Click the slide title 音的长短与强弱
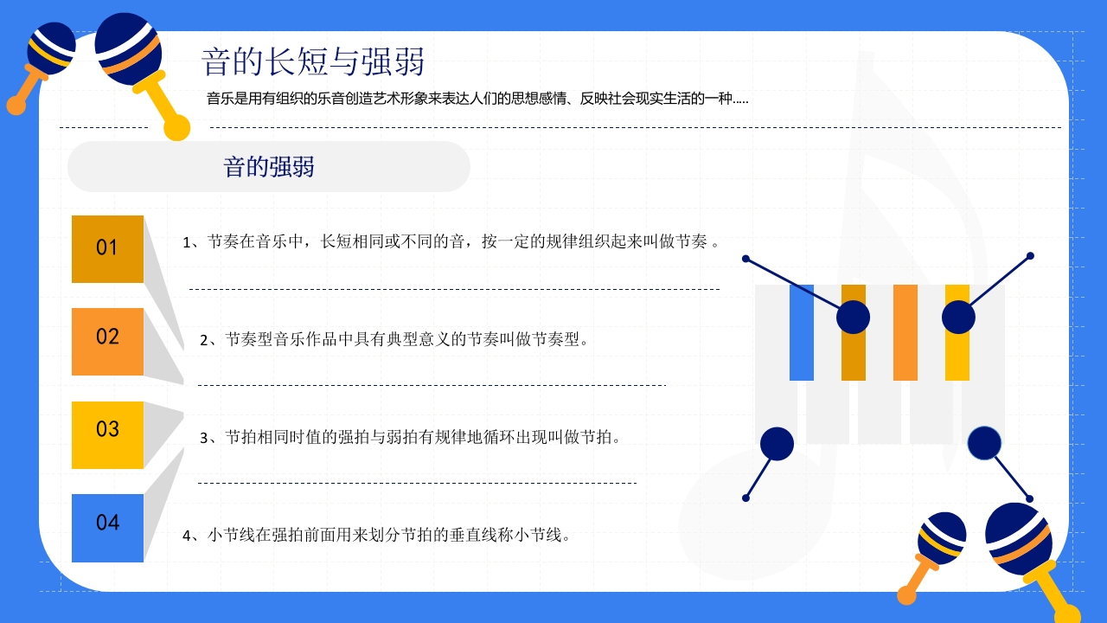[313, 62]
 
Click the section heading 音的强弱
[269, 167]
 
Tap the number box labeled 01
[107, 248]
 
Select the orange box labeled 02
[107, 341]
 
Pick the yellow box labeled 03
[107, 434]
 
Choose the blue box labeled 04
[107, 527]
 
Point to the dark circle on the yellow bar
[958, 318]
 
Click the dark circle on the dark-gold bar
[853, 318]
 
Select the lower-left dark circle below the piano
[777, 444]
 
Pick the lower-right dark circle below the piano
[984, 444]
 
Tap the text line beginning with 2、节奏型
[394, 339]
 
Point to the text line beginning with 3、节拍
[411, 437]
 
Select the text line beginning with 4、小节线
[377, 535]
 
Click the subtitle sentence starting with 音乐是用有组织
[477, 99]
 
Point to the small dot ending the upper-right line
[1030, 256]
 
